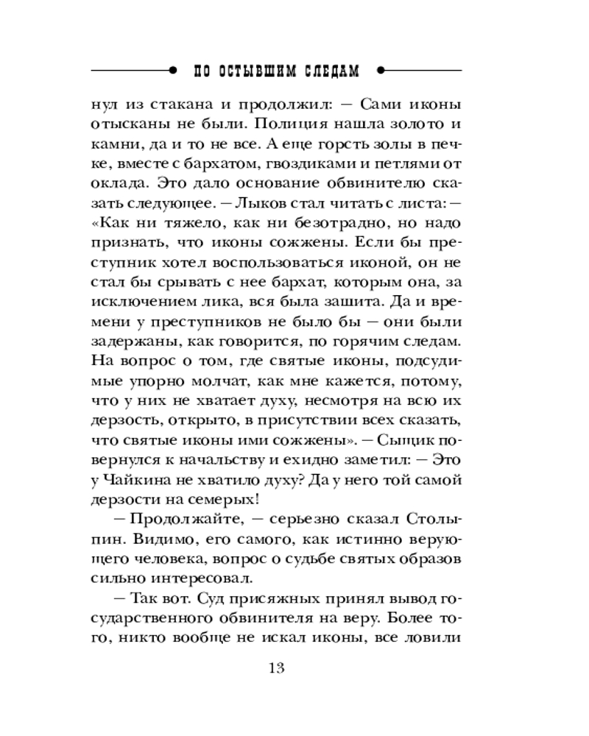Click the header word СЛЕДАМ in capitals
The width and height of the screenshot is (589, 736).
pyautogui.click(x=331, y=71)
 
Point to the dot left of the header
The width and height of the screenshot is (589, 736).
pyautogui.click(x=172, y=71)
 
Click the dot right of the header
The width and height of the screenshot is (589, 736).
pyautogui.click(x=380, y=71)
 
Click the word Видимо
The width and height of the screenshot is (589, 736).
pyautogui.click(x=155, y=541)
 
